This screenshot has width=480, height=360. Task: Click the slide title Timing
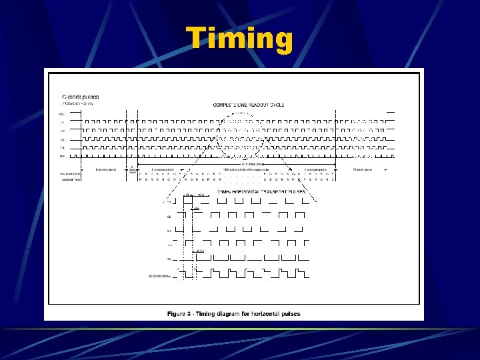(x=239, y=39)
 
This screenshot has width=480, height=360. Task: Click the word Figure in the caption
(x=177, y=313)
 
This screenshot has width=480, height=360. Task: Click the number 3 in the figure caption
(x=191, y=313)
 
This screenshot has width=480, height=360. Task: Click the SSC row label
(x=61, y=113)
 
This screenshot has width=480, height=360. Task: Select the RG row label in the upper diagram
(x=62, y=155)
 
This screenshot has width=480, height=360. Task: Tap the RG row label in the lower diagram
(x=169, y=259)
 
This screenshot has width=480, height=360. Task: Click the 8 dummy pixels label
(x=106, y=169)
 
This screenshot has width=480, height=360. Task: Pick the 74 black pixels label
(x=362, y=169)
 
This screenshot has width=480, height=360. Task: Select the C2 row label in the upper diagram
(x=62, y=131)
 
